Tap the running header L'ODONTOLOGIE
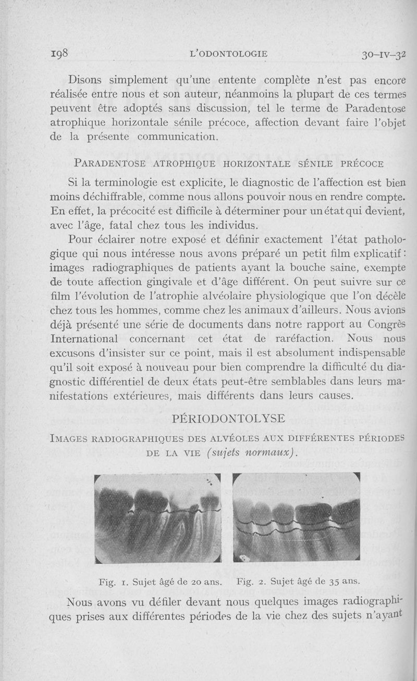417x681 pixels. pos(229,53)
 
